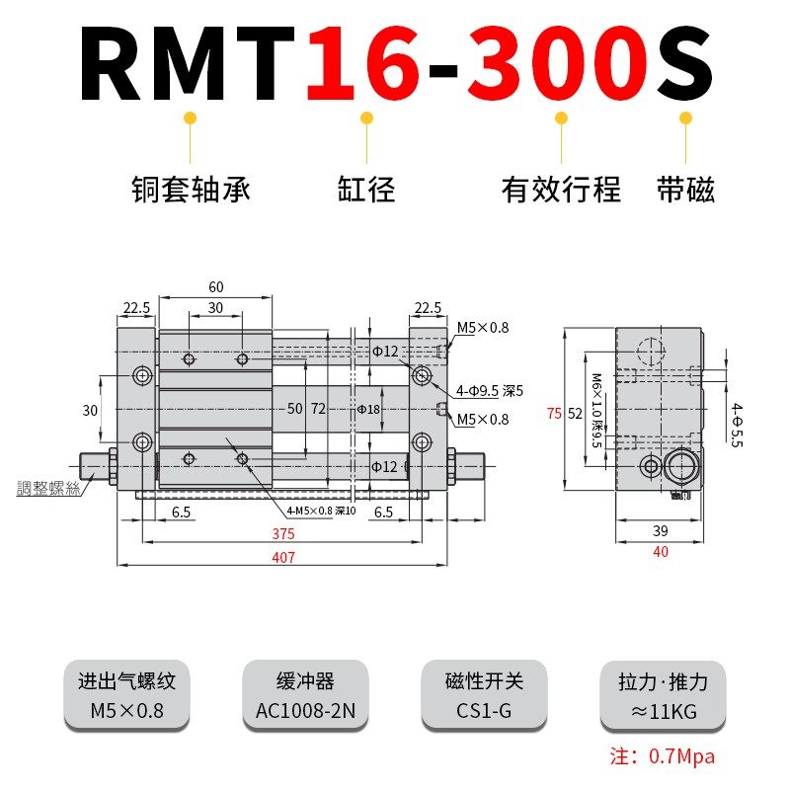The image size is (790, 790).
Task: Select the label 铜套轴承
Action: [x=191, y=189]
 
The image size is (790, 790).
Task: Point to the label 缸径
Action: [x=366, y=189]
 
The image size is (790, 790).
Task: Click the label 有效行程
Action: [x=561, y=189]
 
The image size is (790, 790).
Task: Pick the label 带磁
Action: [x=685, y=189]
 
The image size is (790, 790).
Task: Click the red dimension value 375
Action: [x=283, y=533]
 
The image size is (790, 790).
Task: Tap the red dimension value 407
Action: [x=283, y=557]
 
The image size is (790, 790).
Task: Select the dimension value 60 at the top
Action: [x=215, y=287]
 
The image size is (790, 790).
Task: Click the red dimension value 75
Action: [x=554, y=414]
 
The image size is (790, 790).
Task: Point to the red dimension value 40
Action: [x=661, y=552]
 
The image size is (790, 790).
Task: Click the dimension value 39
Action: [x=661, y=530]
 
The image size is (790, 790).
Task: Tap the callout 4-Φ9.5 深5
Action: [x=488, y=389]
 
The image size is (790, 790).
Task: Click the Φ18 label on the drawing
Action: [x=367, y=409]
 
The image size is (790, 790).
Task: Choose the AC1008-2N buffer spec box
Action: [x=305, y=695]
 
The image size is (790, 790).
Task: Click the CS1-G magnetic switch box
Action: [x=484, y=695]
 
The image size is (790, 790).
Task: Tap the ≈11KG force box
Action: [x=664, y=695]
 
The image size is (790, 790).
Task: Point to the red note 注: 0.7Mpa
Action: [x=662, y=757]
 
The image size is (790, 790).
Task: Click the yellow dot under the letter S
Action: [x=685, y=118]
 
